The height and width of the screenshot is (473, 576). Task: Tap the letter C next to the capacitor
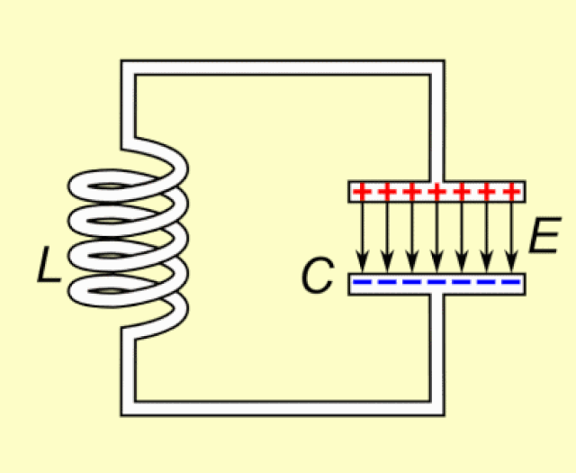pyautogui.click(x=317, y=277)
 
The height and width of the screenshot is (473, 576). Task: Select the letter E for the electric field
pyautogui.click(x=544, y=237)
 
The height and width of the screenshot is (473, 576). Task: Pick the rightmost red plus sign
pyautogui.click(x=512, y=192)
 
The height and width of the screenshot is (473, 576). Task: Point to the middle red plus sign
pyautogui.click(x=436, y=192)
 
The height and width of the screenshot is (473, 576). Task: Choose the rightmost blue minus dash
pyautogui.click(x=512, y=284)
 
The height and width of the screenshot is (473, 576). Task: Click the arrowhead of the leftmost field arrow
pyautogui.click(x=362, y=264)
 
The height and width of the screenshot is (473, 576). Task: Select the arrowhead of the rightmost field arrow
pyautogui.click(x=512, y=264)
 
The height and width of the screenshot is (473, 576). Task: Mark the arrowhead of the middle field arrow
pyautogui.click(x=436, y=264)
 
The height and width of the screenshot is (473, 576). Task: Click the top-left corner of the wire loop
pyautogui.click(x=128, y=68)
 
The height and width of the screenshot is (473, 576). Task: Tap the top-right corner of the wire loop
pyautogui.click(x=436, y=68)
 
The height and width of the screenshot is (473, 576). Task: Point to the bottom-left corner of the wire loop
pyautogui.click(x=128, y=408)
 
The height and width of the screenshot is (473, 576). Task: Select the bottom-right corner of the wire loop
pyautogui.click(x=436, y=408)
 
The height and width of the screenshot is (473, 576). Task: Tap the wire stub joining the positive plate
pyautogui.click(x=436, y=171)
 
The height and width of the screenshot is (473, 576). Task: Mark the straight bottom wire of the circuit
pyautogui.click(x=279, y=408)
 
